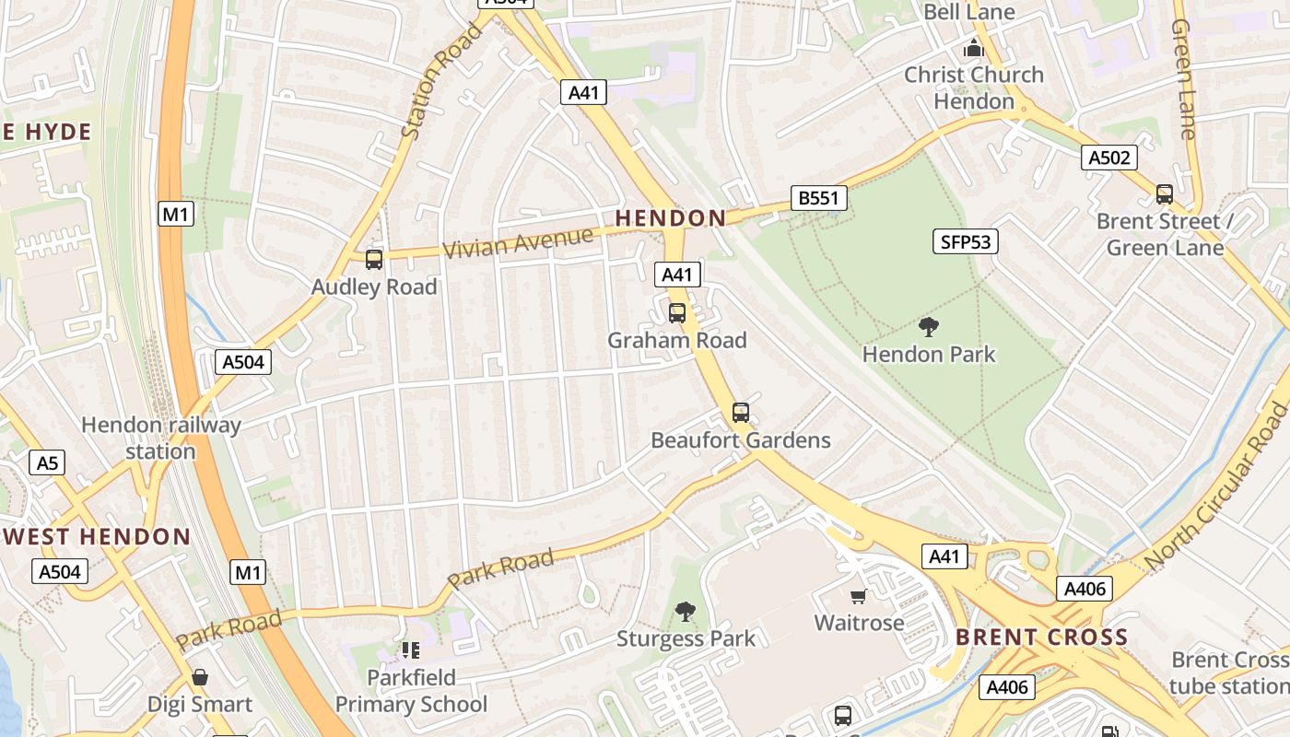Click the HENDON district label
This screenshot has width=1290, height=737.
[x=670, y=218]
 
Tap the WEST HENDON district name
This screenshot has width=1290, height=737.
[x=96, y=536]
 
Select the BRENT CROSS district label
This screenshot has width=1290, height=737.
[x=1041, y=637]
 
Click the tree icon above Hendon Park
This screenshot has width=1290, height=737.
[x=929, y=326]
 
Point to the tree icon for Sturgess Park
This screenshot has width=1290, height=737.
[x=685, y=611]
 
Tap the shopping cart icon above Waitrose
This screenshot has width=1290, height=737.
[x=859, y=596]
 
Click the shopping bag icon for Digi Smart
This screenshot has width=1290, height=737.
[x=199, y=678]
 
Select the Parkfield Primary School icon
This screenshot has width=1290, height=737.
[x=411, y=650]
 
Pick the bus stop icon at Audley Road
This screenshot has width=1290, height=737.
[x=373, y=260]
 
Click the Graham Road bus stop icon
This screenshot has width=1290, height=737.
[x=677, y=313]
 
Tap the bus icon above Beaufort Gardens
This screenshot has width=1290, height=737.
[x=741, y=413]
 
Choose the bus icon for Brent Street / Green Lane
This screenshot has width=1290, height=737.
[x=1165, y=194]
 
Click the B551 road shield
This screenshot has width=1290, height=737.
[x=818, y=198]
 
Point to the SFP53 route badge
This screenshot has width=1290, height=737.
[x=965, y=242]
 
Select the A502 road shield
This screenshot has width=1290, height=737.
[x=1108, y=158]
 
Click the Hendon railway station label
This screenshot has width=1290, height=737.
[x=160, y=438]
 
